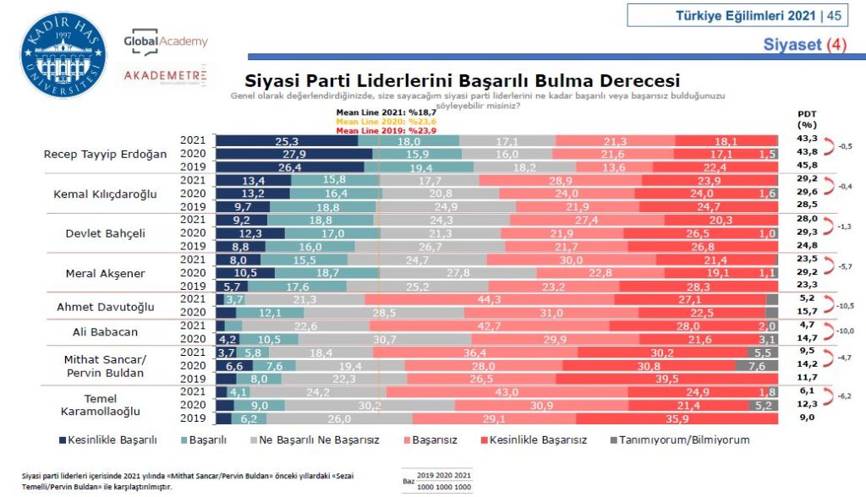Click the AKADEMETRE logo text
click(165, 75)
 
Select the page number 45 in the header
click(834, 15)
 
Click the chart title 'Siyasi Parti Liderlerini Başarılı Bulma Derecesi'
click(462, 81)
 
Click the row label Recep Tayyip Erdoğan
click(106, 154)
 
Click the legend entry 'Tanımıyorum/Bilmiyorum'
click(684, 440)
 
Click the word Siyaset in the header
click(792, 43)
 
